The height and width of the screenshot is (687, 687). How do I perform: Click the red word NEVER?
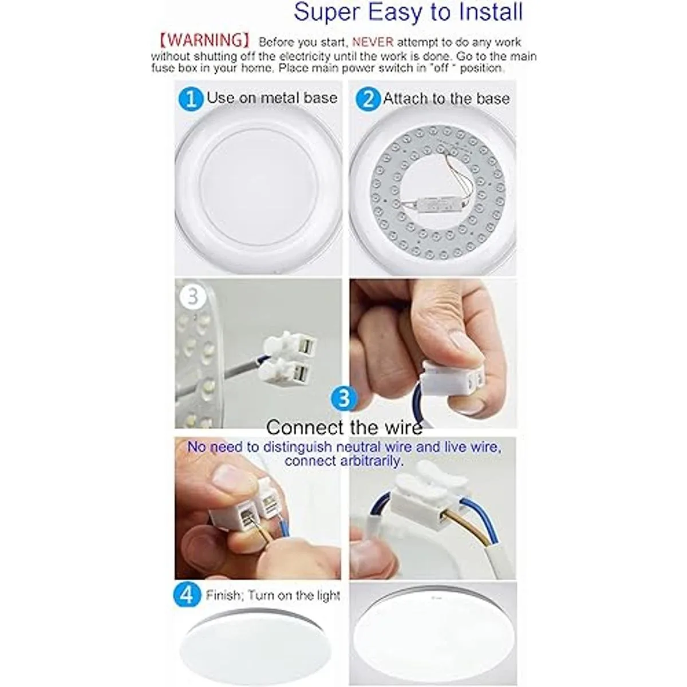pyautogui.click(x=373, y=42)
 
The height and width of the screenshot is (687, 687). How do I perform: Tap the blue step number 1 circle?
pyautogui.click(x=191, y=98)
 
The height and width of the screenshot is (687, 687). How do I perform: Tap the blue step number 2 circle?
pyautogui.click(x=368, y=98)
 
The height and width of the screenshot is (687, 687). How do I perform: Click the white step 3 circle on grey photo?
pyautogui.click(x=193, y=297)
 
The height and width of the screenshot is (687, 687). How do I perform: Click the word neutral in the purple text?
pyautogui.click(x=358, y=447)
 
